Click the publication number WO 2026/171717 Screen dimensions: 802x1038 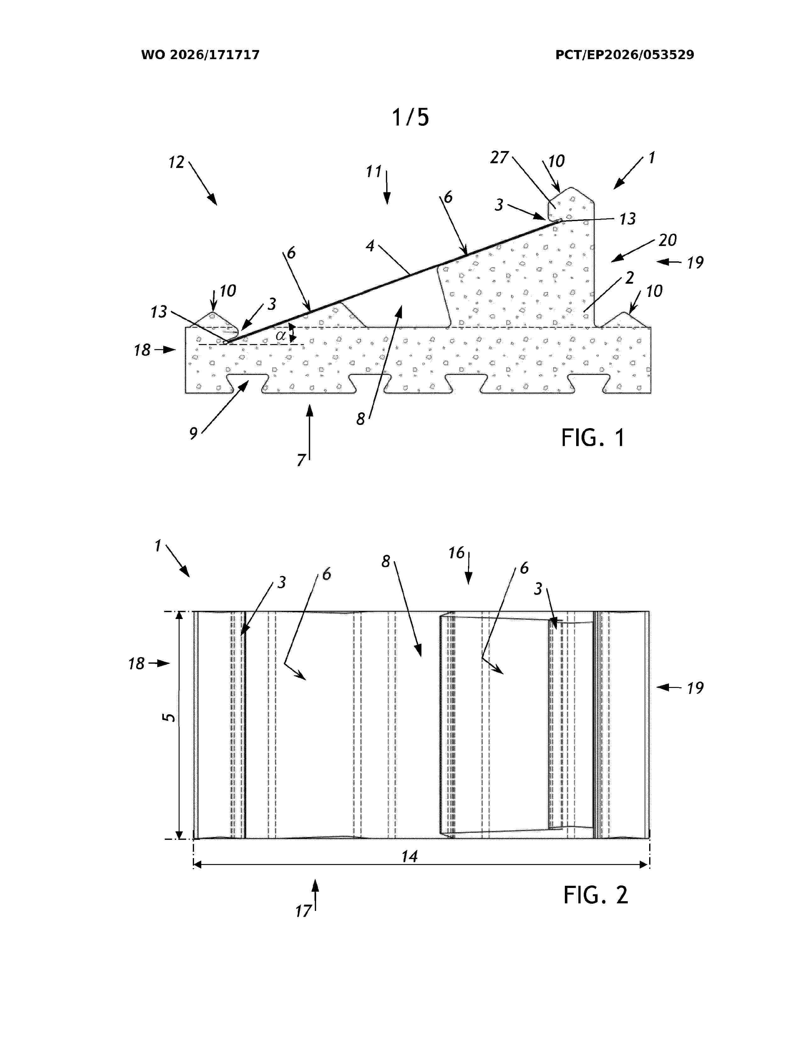[x=200, y=55]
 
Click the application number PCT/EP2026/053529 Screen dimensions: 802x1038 [x=624, y=55]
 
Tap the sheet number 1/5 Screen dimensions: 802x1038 [x=410, y=117]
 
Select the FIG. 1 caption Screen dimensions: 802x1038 [x=593, y=437]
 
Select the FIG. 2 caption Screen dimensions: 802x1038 [x=596, y=895]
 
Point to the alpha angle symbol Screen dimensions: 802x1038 [x=281, y=336]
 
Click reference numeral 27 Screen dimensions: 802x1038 [x=499, y=157]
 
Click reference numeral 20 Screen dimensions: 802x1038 [x=667, y=240]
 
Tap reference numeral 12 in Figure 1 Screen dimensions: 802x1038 [x=176, y=162]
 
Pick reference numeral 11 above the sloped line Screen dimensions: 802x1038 [x=374, y=171]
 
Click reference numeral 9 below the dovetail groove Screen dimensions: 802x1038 [x=193, y=433]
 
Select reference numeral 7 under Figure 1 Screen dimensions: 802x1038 [x=301, y=460]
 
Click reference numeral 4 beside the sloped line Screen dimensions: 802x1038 [x=370, y=246]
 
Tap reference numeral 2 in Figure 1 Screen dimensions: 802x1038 [x=630, y=277]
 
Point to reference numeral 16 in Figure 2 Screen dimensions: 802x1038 [x=457, y=553]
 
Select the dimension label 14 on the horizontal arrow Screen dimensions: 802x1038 [x=409, y=857]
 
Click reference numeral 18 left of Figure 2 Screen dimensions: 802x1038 [x=136, y=663]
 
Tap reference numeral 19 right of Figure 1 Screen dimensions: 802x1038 [x=695, y=262]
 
